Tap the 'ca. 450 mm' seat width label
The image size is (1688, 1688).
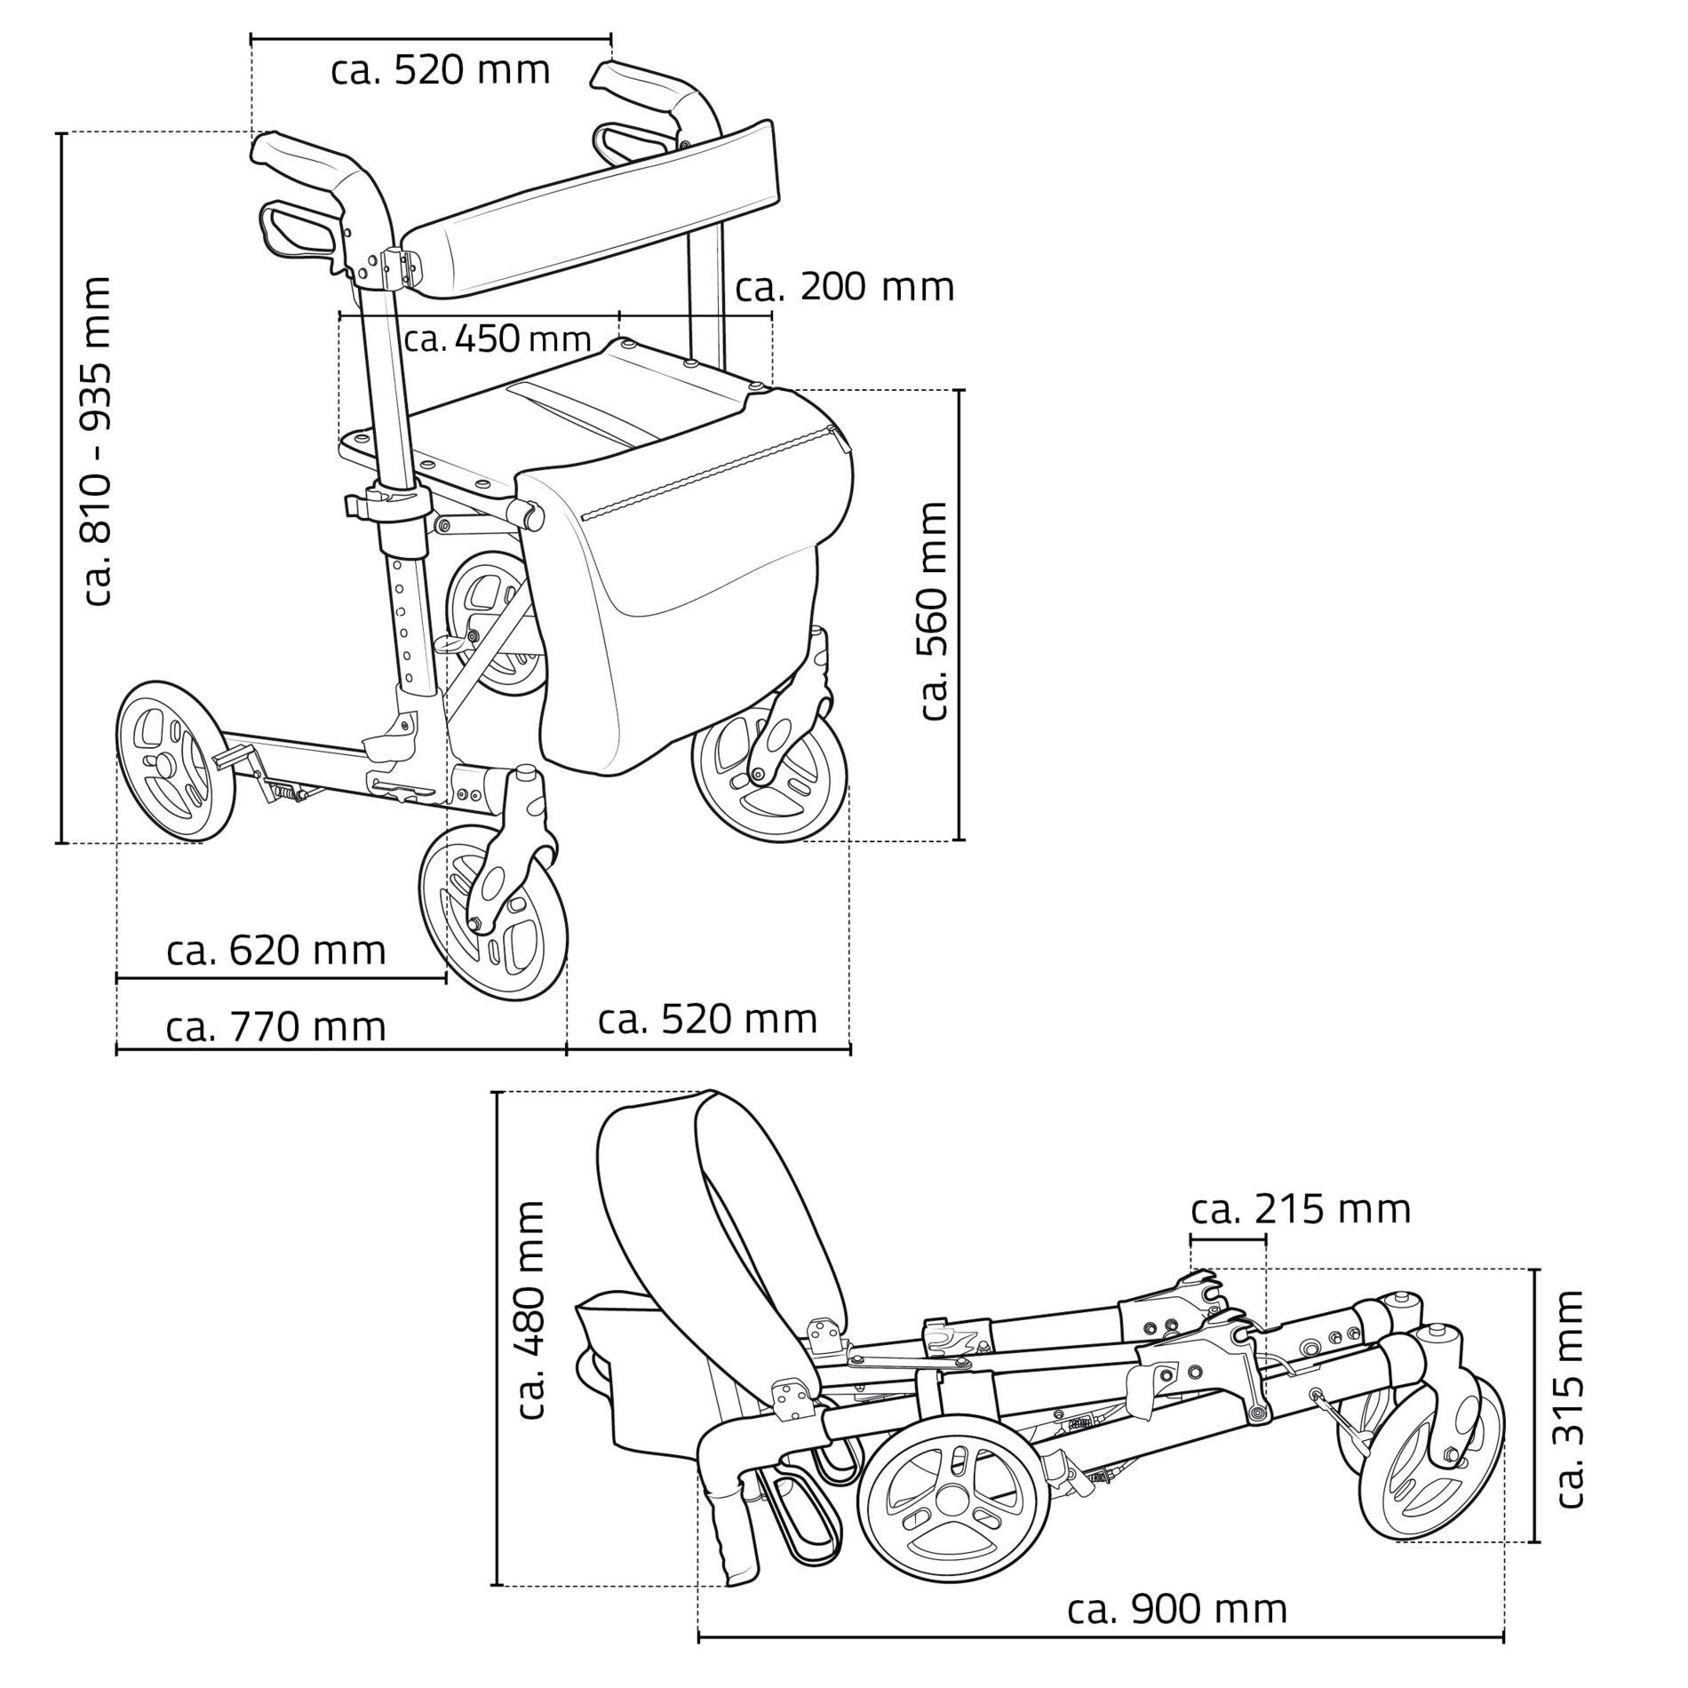coord(498,338)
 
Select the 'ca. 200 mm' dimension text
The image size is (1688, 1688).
coord(845,287)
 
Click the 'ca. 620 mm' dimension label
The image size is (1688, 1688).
coord(276,951)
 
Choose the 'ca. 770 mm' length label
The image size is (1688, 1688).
coord(276,1027)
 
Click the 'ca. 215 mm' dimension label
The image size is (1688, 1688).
coord(1301,1209)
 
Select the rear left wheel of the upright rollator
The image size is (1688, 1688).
coord(176,760)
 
